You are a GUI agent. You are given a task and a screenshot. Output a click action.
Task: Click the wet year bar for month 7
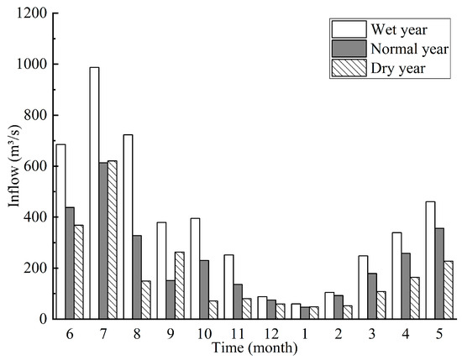[94, 193]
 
